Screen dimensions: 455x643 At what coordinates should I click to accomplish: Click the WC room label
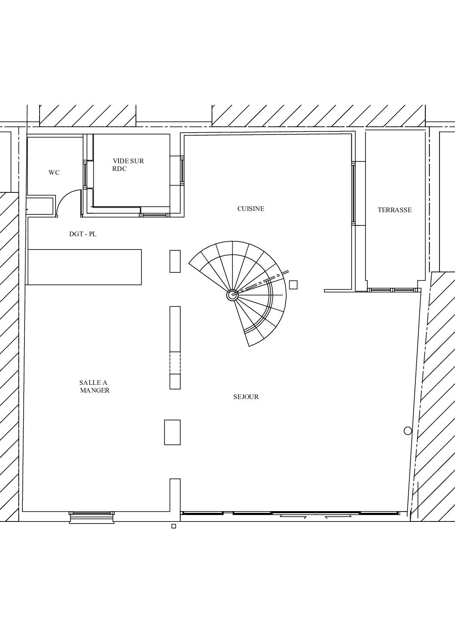coord(54,173)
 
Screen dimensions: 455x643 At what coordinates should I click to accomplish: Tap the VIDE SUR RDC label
coord(128,165)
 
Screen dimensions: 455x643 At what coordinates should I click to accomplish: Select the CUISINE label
coord(251,209)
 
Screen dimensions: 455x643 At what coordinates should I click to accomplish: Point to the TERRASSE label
coord(395,210)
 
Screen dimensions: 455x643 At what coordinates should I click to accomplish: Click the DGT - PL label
coord(83,234)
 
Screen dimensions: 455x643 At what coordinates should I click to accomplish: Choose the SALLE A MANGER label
coord(95,387)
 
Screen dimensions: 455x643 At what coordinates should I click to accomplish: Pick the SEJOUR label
coord(246,397)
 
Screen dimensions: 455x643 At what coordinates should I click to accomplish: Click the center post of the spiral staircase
coord(232,295)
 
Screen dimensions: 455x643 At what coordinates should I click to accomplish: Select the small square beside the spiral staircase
coord(293,285)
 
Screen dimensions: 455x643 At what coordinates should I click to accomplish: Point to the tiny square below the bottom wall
coord(174,526)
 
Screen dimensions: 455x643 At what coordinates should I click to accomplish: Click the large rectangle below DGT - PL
coord(85,267)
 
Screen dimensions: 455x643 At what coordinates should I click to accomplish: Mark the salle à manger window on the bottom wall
coord(92,513)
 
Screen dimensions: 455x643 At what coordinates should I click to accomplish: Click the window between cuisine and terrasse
coord(353,193)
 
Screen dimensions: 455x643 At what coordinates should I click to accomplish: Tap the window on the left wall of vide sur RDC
coord(85,174)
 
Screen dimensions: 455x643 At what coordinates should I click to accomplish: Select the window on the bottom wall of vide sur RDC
coord(154,215)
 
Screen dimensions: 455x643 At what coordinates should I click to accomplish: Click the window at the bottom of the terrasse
coord(393,290)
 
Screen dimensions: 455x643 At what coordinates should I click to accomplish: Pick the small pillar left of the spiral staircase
coord(175,261)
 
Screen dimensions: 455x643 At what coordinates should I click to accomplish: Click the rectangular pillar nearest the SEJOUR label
coord(175,347)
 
